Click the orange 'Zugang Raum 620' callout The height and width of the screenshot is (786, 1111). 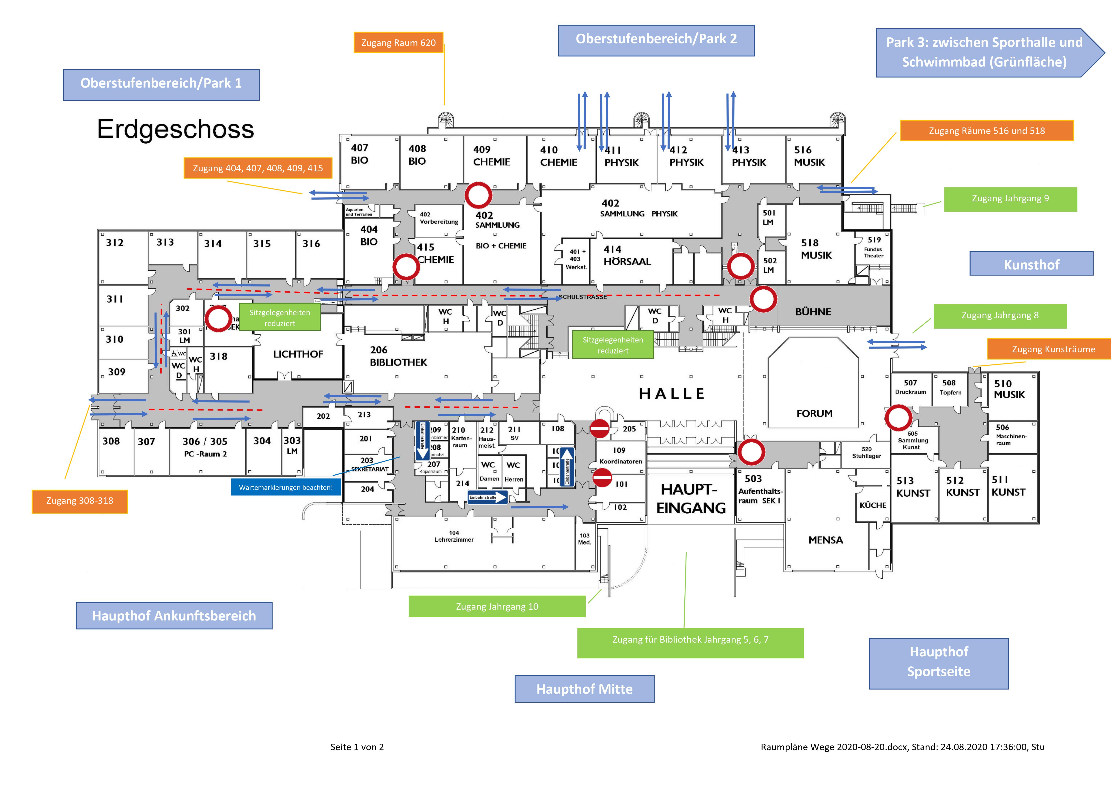click(398, 43)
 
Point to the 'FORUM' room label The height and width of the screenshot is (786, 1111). click(814, 413)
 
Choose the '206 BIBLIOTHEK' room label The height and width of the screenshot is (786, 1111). click(398, 356)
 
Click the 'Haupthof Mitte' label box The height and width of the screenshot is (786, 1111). click(584, 689)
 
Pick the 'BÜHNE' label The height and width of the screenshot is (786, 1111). click(813, 312)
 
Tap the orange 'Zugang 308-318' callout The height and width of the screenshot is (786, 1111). click(79, 501)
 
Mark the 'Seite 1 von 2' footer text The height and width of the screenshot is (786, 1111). click(357, 747)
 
